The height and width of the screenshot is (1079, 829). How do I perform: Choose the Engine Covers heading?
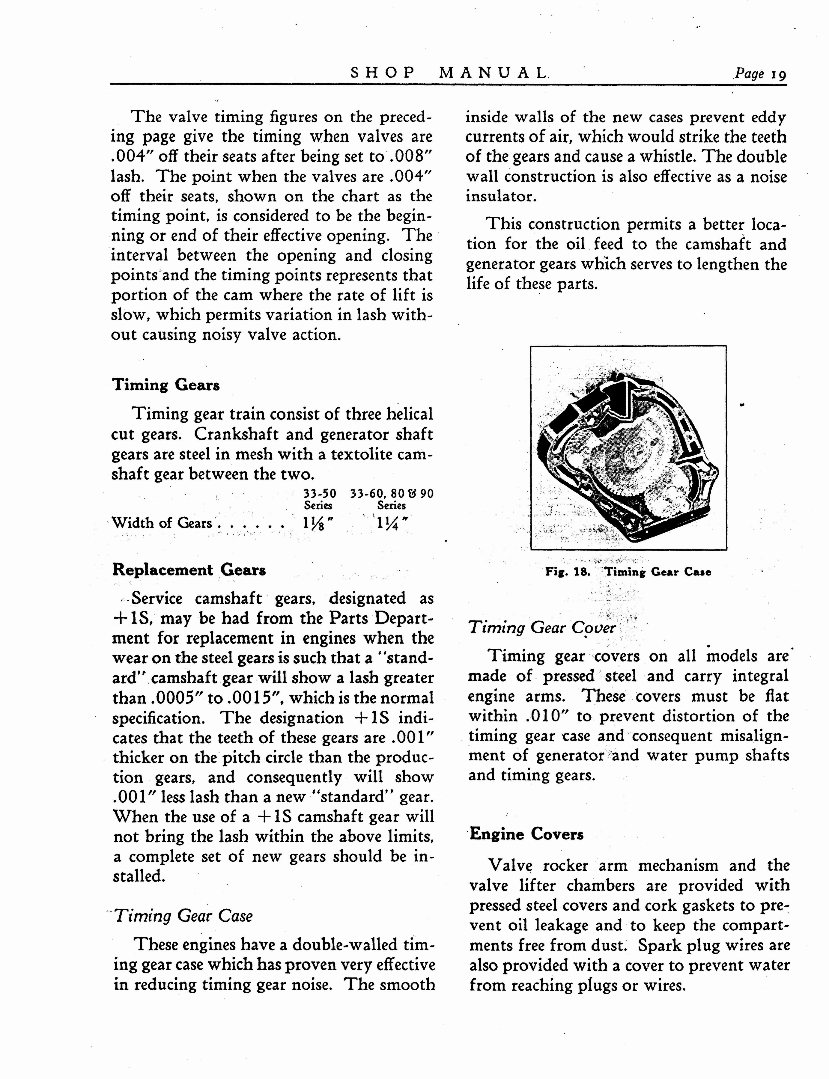coord(526,834)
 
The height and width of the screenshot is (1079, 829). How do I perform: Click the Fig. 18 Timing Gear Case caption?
coord(628,572)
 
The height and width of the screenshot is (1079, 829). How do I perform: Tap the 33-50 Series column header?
coord(319,499)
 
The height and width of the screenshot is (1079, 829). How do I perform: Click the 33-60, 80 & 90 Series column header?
coord(391,499)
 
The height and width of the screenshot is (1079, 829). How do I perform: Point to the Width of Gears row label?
coord(162,523)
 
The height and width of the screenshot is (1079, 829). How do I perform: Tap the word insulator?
coord(500,196)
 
